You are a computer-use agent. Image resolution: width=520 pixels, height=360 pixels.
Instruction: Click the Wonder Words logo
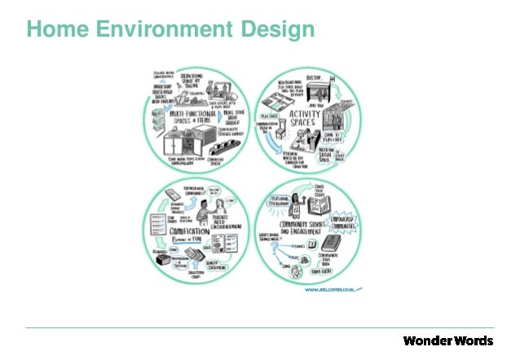point(447,339)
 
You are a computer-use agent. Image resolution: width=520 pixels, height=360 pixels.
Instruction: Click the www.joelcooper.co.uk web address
point(328,289)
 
